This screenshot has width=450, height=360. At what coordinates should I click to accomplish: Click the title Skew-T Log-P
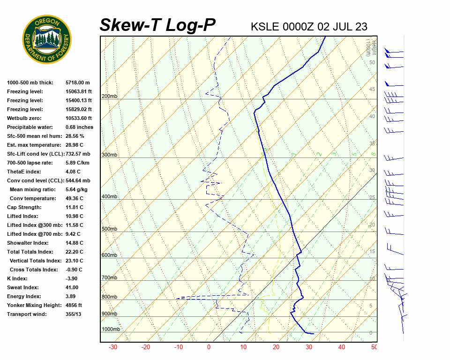coord(157,25)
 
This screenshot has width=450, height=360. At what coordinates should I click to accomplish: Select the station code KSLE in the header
coord(265,27)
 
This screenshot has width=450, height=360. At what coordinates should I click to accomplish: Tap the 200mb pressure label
coord(109,97)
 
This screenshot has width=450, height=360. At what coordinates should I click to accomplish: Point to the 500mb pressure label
coord(109,229)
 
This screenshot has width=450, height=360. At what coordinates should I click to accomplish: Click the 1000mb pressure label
coord(111,330)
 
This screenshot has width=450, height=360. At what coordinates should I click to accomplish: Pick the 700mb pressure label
coord(109,278)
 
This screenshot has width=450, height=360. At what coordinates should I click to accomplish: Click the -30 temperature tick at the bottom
coord(113,347)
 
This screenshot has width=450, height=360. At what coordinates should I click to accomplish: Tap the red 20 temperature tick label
coord(276,347)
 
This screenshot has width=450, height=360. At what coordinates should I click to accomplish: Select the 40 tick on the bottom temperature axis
coord(341,347)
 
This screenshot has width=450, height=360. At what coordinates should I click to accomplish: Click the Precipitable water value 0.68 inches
coord(79,127)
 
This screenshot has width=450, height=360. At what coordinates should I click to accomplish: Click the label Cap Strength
coord(24,207)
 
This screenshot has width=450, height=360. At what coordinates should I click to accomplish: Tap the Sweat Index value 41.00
coord(72,287)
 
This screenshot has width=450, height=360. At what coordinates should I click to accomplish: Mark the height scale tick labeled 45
coord(372,90)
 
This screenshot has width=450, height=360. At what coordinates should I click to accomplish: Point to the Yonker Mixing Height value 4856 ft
coord(74,305)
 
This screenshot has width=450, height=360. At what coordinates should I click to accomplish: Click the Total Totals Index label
coord(30,252)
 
